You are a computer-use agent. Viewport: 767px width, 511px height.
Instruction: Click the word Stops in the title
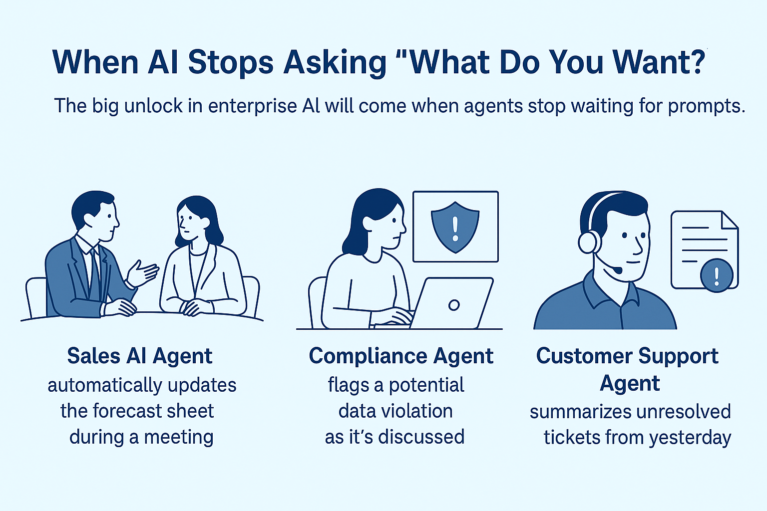(231, 63)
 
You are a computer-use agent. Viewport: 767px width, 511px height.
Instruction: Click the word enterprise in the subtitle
(253, 106)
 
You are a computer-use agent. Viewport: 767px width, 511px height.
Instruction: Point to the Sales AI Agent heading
(140, 356)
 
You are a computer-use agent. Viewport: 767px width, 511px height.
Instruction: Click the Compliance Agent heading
(401, 356)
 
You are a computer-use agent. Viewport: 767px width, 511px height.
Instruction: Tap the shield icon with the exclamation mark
(455, 227)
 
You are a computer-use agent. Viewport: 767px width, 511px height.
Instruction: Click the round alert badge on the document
(717, 275)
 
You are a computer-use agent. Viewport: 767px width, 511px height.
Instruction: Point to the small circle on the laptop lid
(454, 305)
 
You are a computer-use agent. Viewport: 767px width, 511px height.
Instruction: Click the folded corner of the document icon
(730, 220)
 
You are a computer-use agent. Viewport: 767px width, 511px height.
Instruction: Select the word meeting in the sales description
(179, 437)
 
